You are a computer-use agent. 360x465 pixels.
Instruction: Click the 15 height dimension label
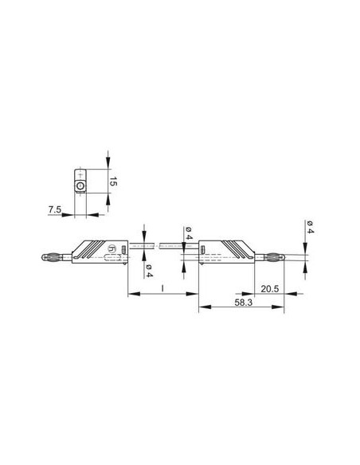click(113, 182)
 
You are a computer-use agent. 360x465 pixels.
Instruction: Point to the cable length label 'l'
click(162, 287)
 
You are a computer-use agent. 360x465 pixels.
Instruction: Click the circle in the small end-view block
click(80, 186)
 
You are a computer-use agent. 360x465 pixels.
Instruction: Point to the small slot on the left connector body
click(123, 250)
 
